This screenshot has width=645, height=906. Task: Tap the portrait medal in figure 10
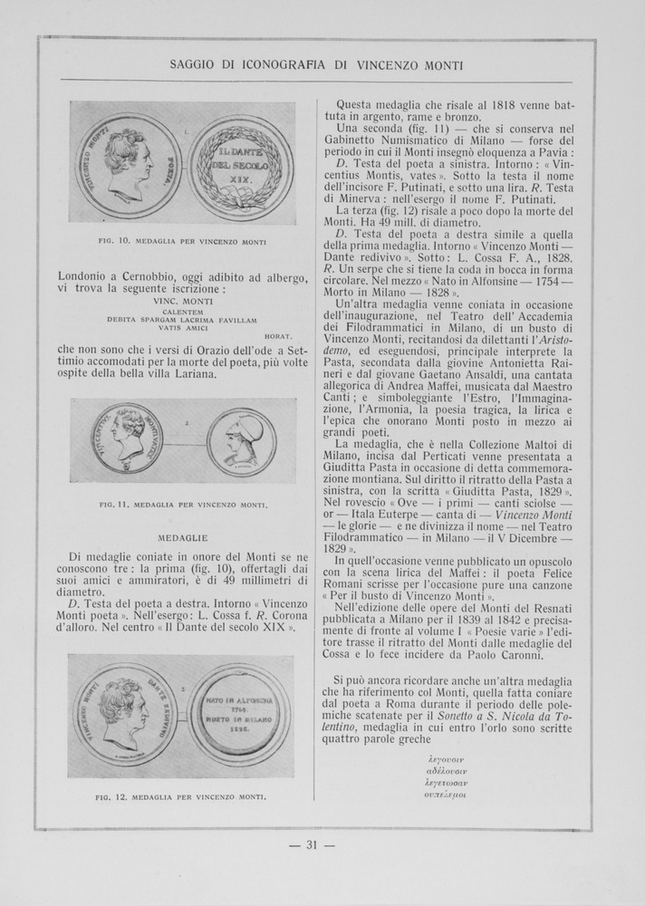click(128, 163)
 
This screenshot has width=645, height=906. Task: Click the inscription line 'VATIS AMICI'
click(183, 329)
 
